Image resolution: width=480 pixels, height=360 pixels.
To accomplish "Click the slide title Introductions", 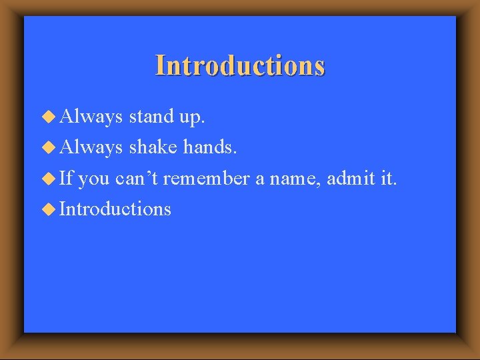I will click(240, 66).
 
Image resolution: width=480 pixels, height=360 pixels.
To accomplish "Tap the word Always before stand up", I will click(91, 117).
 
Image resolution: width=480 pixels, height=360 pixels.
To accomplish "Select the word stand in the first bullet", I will click(151, 117).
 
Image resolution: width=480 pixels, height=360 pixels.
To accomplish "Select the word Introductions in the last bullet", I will click(115, 209).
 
